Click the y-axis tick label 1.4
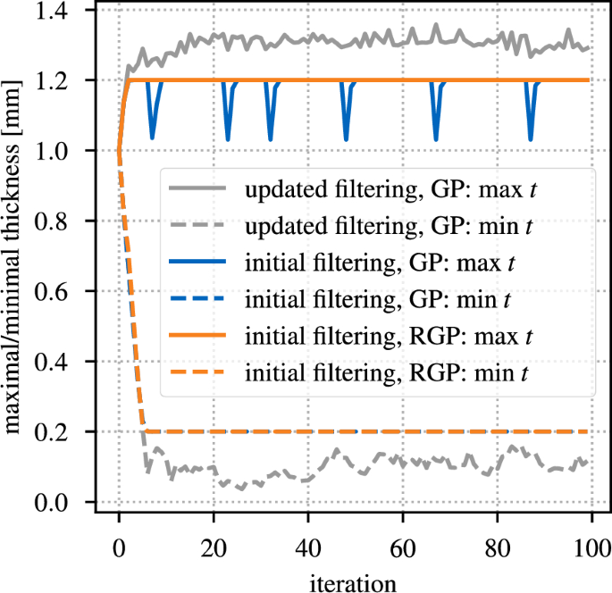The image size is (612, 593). [67, 11]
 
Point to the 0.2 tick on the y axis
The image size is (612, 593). [67, 432]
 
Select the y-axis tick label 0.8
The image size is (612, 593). [67, 221]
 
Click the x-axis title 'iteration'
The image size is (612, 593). [355, 580]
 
